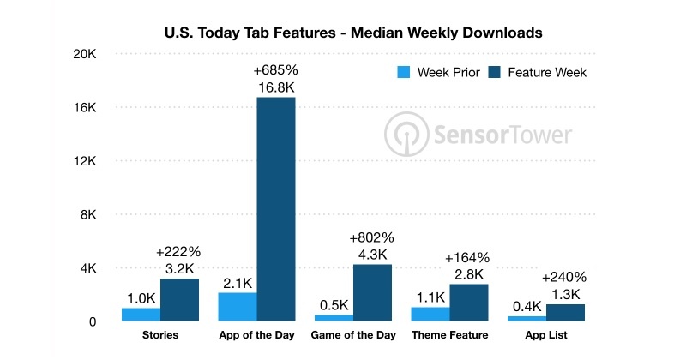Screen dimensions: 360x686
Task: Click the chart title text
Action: pos(353,33)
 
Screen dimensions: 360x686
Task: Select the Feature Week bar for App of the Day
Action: pos(275,209)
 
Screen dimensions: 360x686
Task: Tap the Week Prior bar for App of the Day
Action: pos(237,307)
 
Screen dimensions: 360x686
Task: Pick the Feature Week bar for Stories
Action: pos(179,300)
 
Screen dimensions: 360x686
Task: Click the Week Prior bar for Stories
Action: pos(141,315)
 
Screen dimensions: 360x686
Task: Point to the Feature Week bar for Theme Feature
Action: pos(468,303)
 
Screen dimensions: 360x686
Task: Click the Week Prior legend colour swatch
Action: pos(404,72)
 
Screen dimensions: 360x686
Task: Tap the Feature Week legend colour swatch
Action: pos(496,72)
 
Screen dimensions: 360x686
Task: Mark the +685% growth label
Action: pos(275,69)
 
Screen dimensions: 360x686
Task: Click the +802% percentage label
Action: pos(372,237)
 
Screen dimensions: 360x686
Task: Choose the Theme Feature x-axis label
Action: pos(449,335)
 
